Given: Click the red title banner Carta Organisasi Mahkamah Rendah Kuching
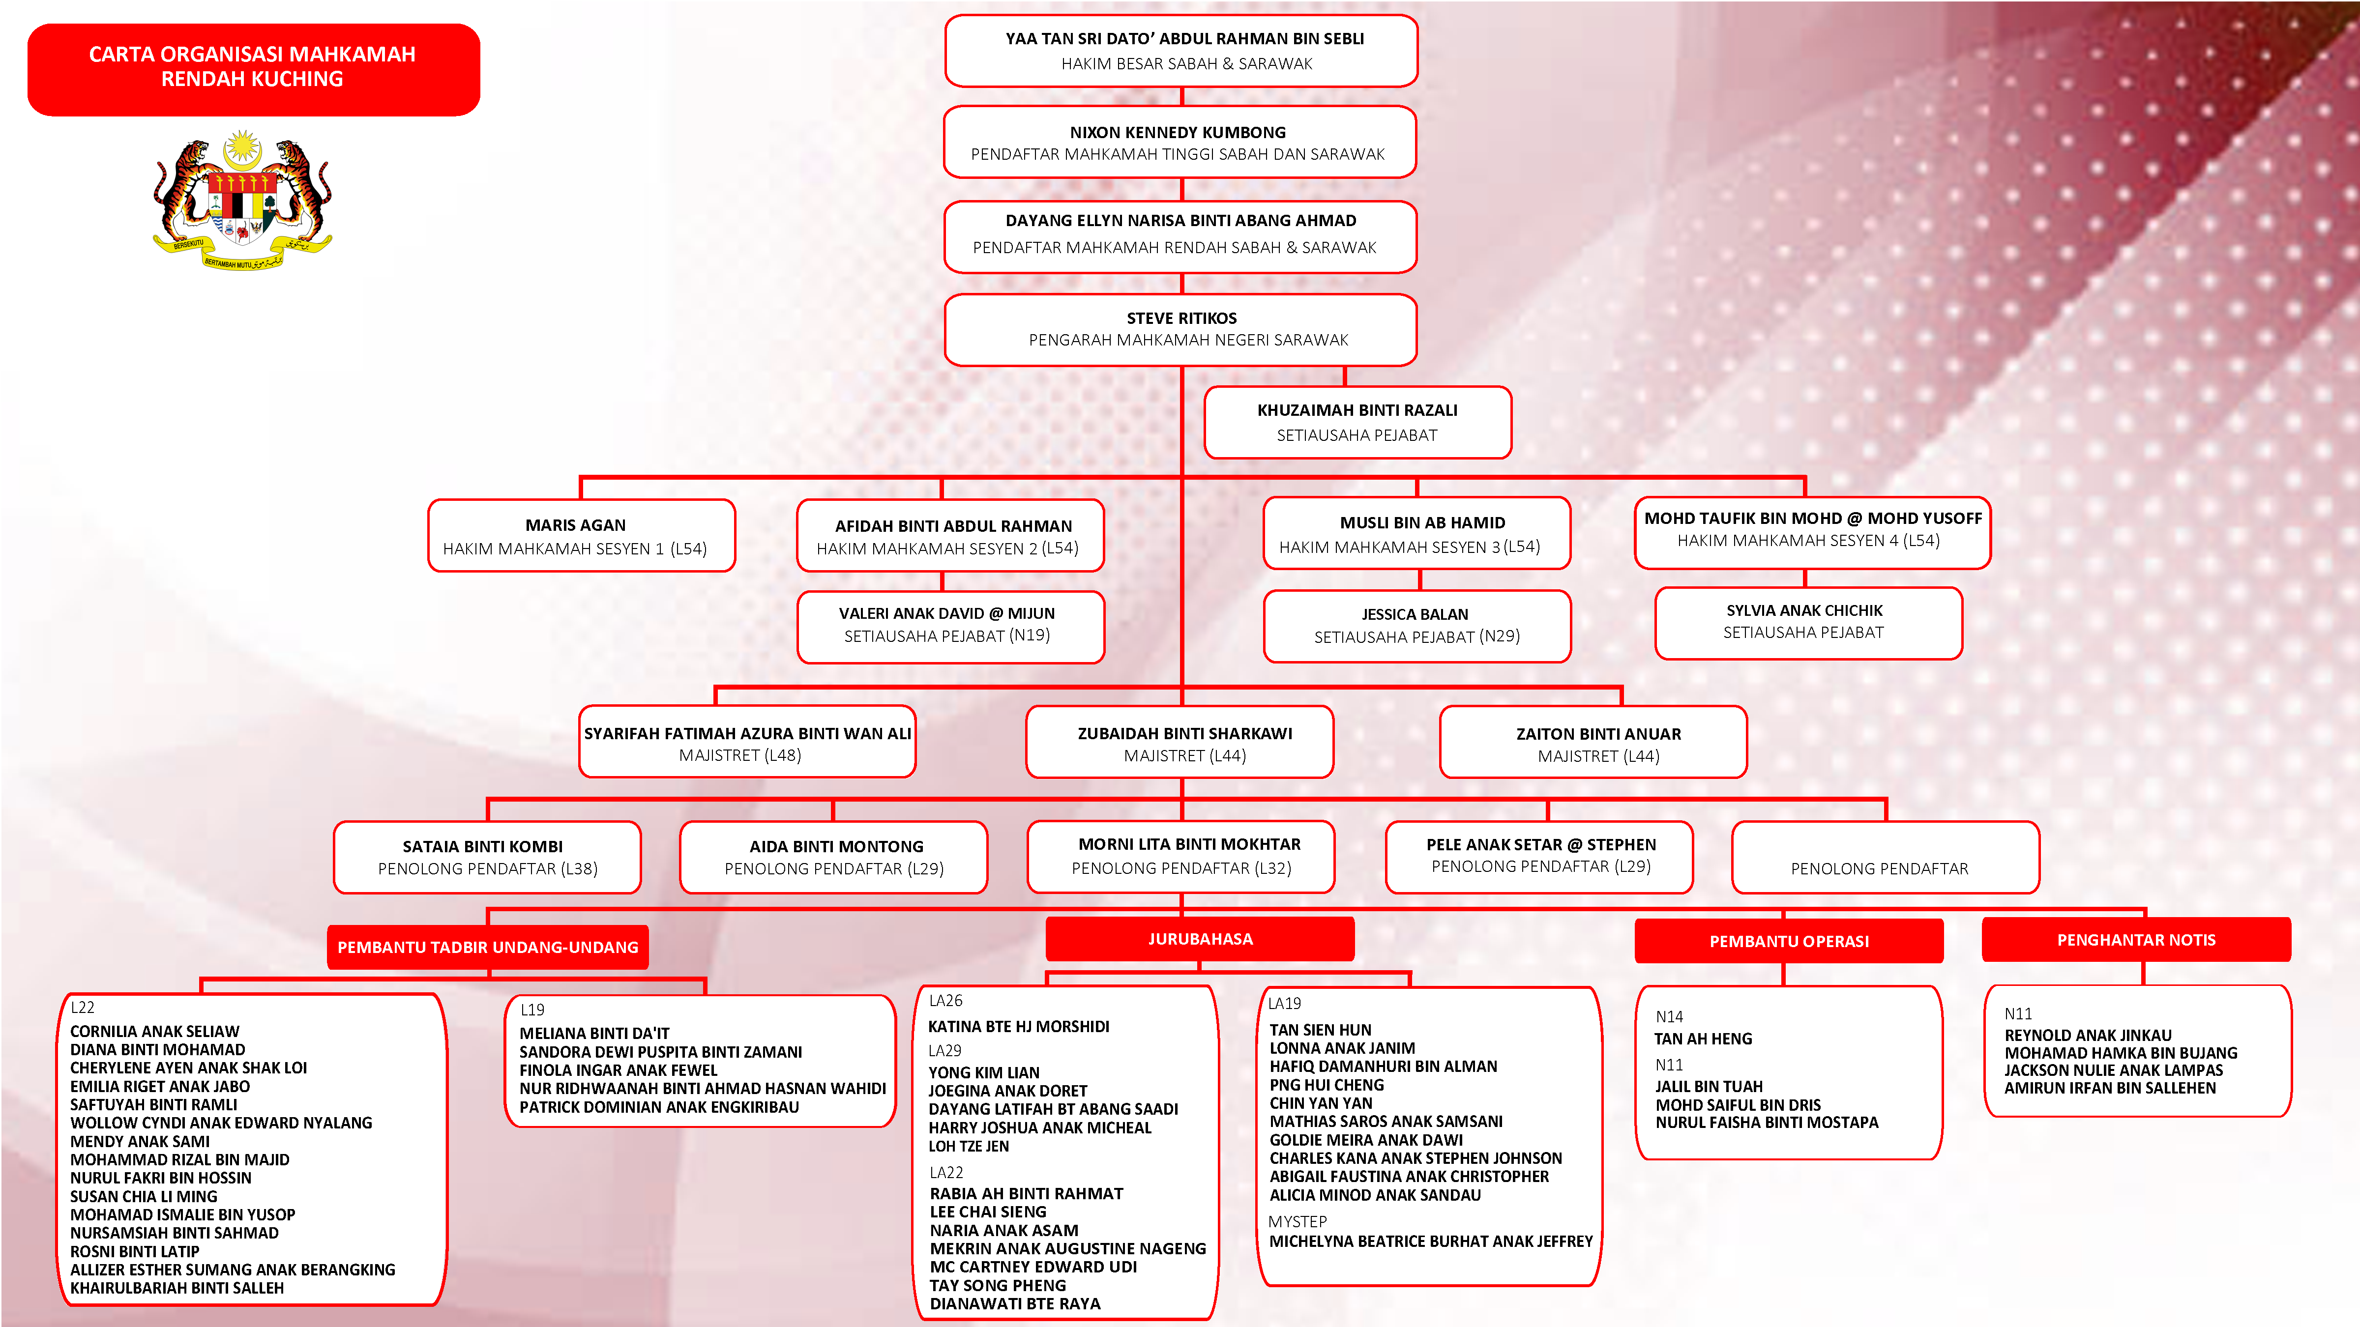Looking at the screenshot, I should [253, 69].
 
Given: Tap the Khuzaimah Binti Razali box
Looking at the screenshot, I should [1357, 422].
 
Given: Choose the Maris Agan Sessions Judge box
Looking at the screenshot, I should [581, 536].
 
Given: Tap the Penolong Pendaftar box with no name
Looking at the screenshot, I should [1885, 858].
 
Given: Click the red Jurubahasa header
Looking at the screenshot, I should [1199, 939].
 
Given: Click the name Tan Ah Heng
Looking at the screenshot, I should [1702, 1039].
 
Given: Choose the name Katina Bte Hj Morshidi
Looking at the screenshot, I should [1018, 1027].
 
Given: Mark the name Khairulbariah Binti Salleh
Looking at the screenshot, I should [177, 1288].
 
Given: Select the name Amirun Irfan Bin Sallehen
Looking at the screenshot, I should [2109, 1088].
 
